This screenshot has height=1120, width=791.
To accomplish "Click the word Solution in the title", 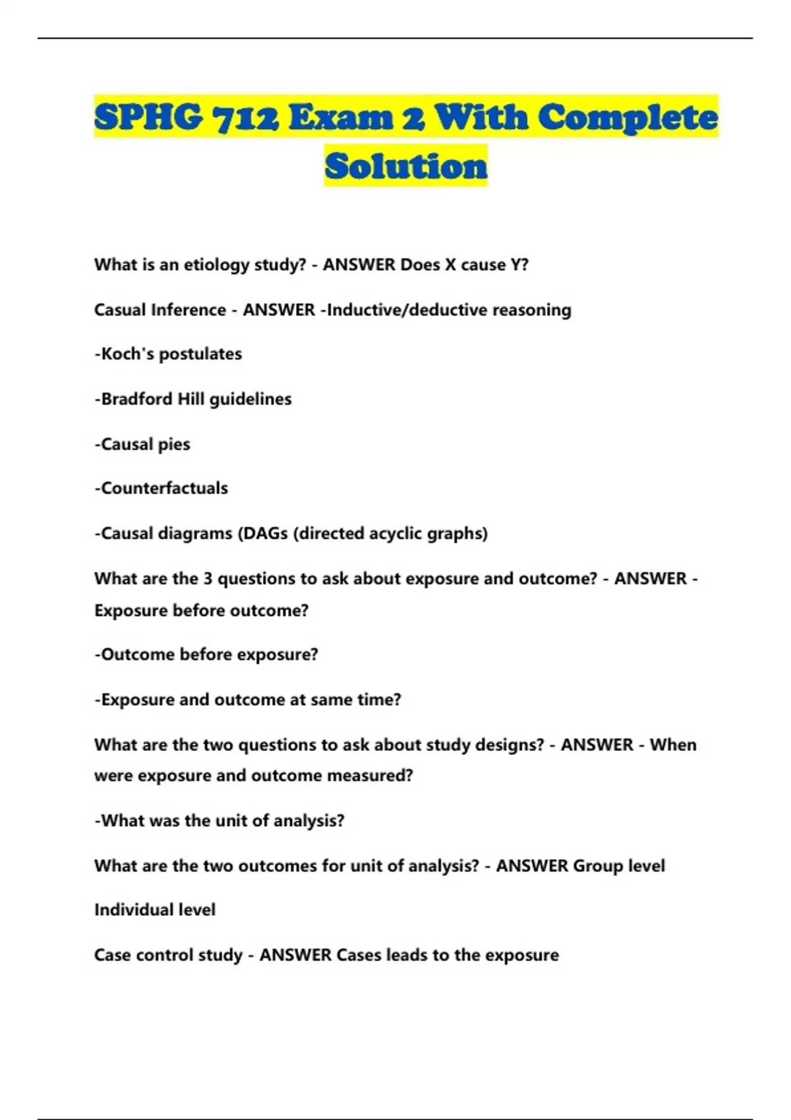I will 405,165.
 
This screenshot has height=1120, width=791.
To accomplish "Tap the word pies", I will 174,444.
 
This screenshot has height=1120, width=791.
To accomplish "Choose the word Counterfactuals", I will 164,488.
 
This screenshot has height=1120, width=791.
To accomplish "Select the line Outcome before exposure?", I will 206,654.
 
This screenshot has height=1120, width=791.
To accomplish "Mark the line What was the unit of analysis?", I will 220,820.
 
